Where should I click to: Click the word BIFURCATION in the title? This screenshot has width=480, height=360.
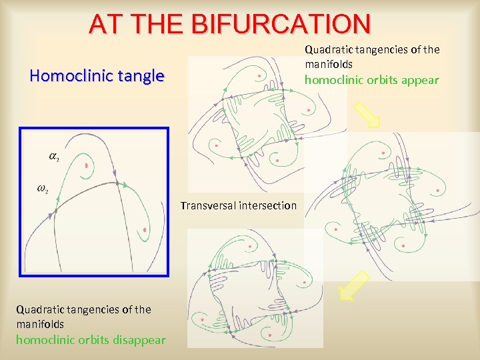[280, 24]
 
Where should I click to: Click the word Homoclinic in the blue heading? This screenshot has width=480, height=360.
[65, 76]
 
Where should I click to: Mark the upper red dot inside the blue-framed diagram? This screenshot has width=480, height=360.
[87, 165]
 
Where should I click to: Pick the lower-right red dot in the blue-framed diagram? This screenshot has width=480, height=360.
[145, 231]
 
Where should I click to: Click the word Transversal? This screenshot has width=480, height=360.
[208, 205]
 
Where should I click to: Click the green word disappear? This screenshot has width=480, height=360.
[139, 340]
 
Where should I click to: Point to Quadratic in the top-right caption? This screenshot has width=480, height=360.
[329, 50]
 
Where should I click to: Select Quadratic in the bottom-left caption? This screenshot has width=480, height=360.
[39, 309]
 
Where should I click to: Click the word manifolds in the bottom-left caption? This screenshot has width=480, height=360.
[40, 324]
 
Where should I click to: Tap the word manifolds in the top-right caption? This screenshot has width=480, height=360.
[329, 65]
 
